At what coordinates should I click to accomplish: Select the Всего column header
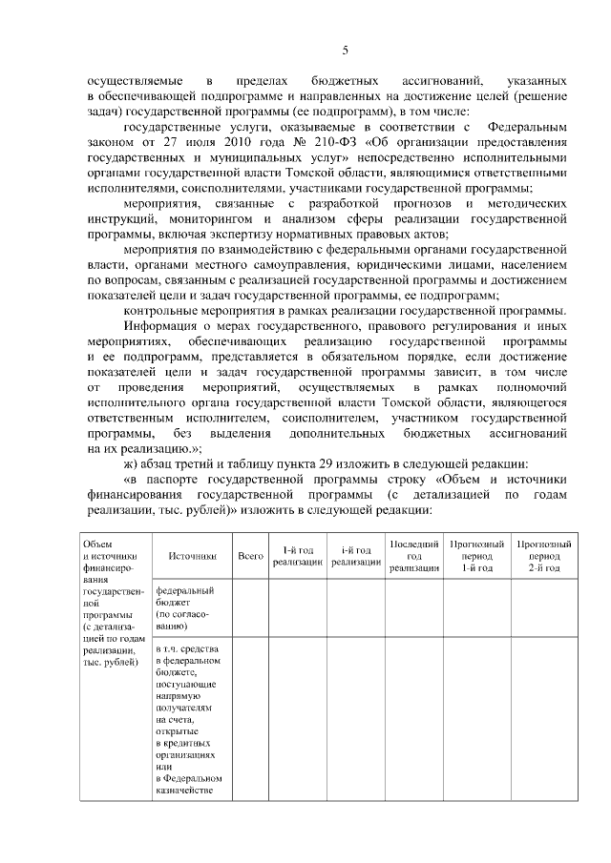pos(250,555)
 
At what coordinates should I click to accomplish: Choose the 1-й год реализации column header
pos(297,556)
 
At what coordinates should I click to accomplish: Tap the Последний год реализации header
pos(414,555)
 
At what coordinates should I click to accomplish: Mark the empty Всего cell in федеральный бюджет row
pos(250,608)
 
